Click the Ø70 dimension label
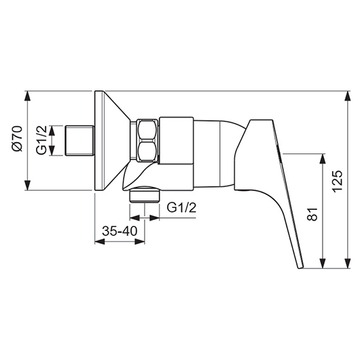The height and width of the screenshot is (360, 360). pos(18,139)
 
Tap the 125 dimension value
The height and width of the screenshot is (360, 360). pos(338,181)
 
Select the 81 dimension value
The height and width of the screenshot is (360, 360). pos(312,214)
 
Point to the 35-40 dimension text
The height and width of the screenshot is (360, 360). pos(120,231)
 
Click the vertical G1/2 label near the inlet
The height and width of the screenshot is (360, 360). pos(41,140)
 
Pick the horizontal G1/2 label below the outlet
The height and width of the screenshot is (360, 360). pos(181,208)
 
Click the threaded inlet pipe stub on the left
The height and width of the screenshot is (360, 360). pos(79,141)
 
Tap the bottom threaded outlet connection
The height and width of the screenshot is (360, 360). pos(145,195)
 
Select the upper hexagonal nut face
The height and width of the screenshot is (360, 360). pos(147,130)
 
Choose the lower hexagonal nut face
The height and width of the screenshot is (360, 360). pos(147,151)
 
